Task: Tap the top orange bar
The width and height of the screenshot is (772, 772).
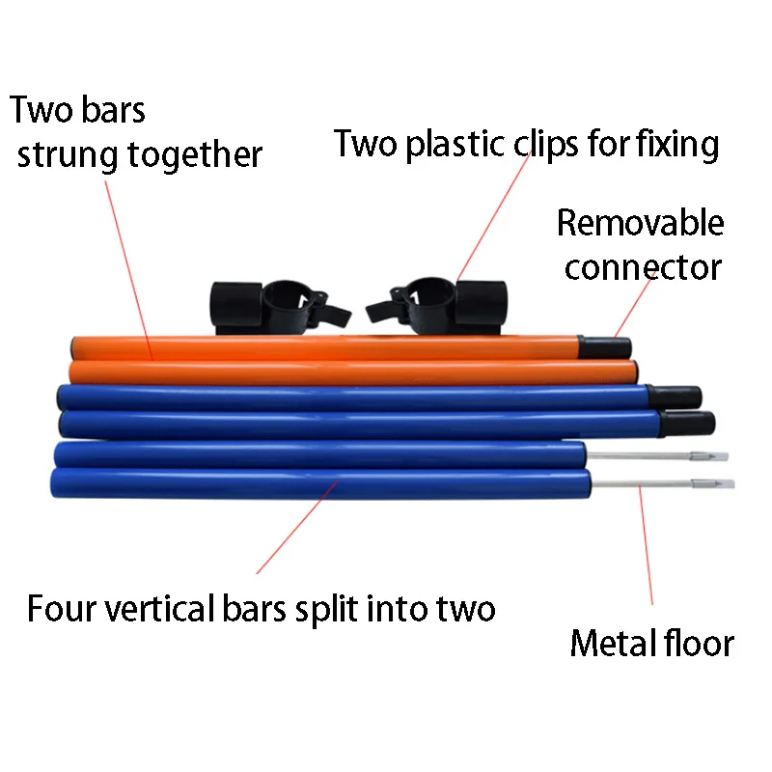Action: click(x=318, y=346)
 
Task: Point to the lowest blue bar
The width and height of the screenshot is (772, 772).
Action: click(x=318, y=482)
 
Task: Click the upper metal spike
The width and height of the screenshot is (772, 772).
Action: click(x=656, y=455)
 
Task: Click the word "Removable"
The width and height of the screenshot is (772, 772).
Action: click(x=640, y=223)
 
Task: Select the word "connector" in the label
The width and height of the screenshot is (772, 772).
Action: click(x=643, y=266)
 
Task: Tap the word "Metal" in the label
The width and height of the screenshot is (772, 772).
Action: click(x=610, y=643)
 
